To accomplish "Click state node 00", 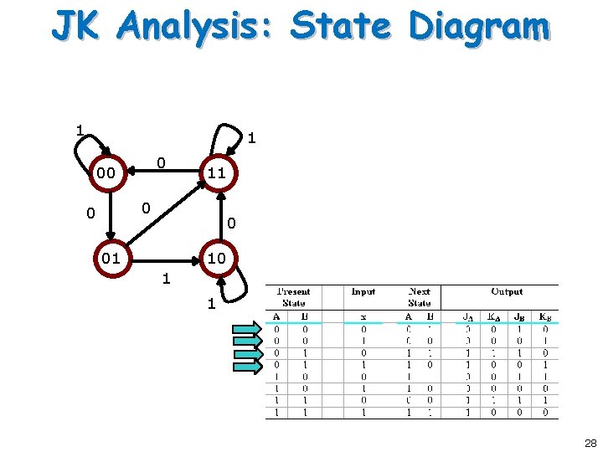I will (106, 173).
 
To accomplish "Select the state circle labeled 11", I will (217, 173).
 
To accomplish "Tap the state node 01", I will (111, 258).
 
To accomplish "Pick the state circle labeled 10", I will (217, 258).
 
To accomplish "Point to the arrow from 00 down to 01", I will (106, 215).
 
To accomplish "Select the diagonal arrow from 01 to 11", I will (163, 216).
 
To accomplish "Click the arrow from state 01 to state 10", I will (163, 259).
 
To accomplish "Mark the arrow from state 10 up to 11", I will (218, 216).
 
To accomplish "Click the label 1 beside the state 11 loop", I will (250, 137).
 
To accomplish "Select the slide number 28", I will (590, 443).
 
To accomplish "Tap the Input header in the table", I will (363, 292).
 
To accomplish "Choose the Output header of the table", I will (507, 292).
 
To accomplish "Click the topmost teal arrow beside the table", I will (248, 328).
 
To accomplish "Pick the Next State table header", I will (420, 297).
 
